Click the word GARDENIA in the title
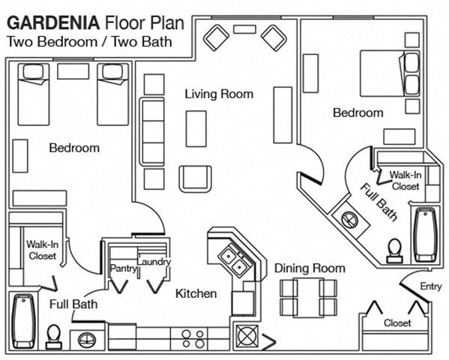click(53, 23)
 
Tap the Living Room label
click(219, 94)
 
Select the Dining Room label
click(310, 268)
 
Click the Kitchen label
click(196, 293)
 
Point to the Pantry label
click(123, 268)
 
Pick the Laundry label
click(154, 262)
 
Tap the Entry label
click(431, 286)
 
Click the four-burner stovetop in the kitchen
click(193, 338)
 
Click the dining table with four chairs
click(309, 297)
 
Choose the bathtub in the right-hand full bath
click(426, 235)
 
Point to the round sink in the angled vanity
click(349, 220)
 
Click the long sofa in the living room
click(152, 132)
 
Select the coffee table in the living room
click(196, 129)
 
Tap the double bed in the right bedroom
click(390, 73)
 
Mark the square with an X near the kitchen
click(247, 335)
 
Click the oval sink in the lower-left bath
click(87, 340)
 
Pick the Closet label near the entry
click(397, 323)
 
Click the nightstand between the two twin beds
click(73, 71)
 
